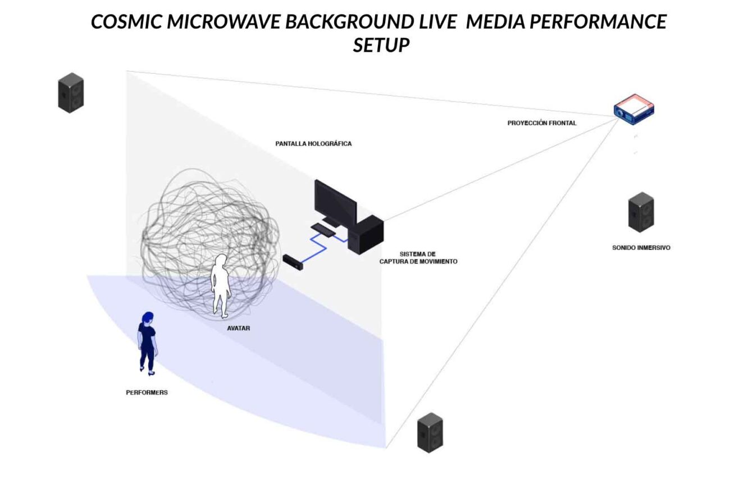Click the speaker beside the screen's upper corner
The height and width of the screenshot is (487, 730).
[71, 93]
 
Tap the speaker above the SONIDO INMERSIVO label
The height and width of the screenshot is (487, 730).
[641, 212]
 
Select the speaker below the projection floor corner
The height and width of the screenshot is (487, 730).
[430, 432]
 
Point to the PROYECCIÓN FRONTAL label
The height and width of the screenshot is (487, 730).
[541, 123]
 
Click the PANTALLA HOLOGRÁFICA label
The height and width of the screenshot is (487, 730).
[313, 144]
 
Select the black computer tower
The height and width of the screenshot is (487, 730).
[368, 235]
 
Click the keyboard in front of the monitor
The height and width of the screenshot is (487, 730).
[323, 229]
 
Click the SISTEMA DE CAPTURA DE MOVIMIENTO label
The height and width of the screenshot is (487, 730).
[418, 258]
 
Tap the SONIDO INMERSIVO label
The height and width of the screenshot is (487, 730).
[641, 247]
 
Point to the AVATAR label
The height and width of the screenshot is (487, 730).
[239, 328]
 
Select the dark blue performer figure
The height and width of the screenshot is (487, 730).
[147, 343]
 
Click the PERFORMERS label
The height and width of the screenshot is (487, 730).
[147, 393]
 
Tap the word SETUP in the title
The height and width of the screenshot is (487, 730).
[381, 45]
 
